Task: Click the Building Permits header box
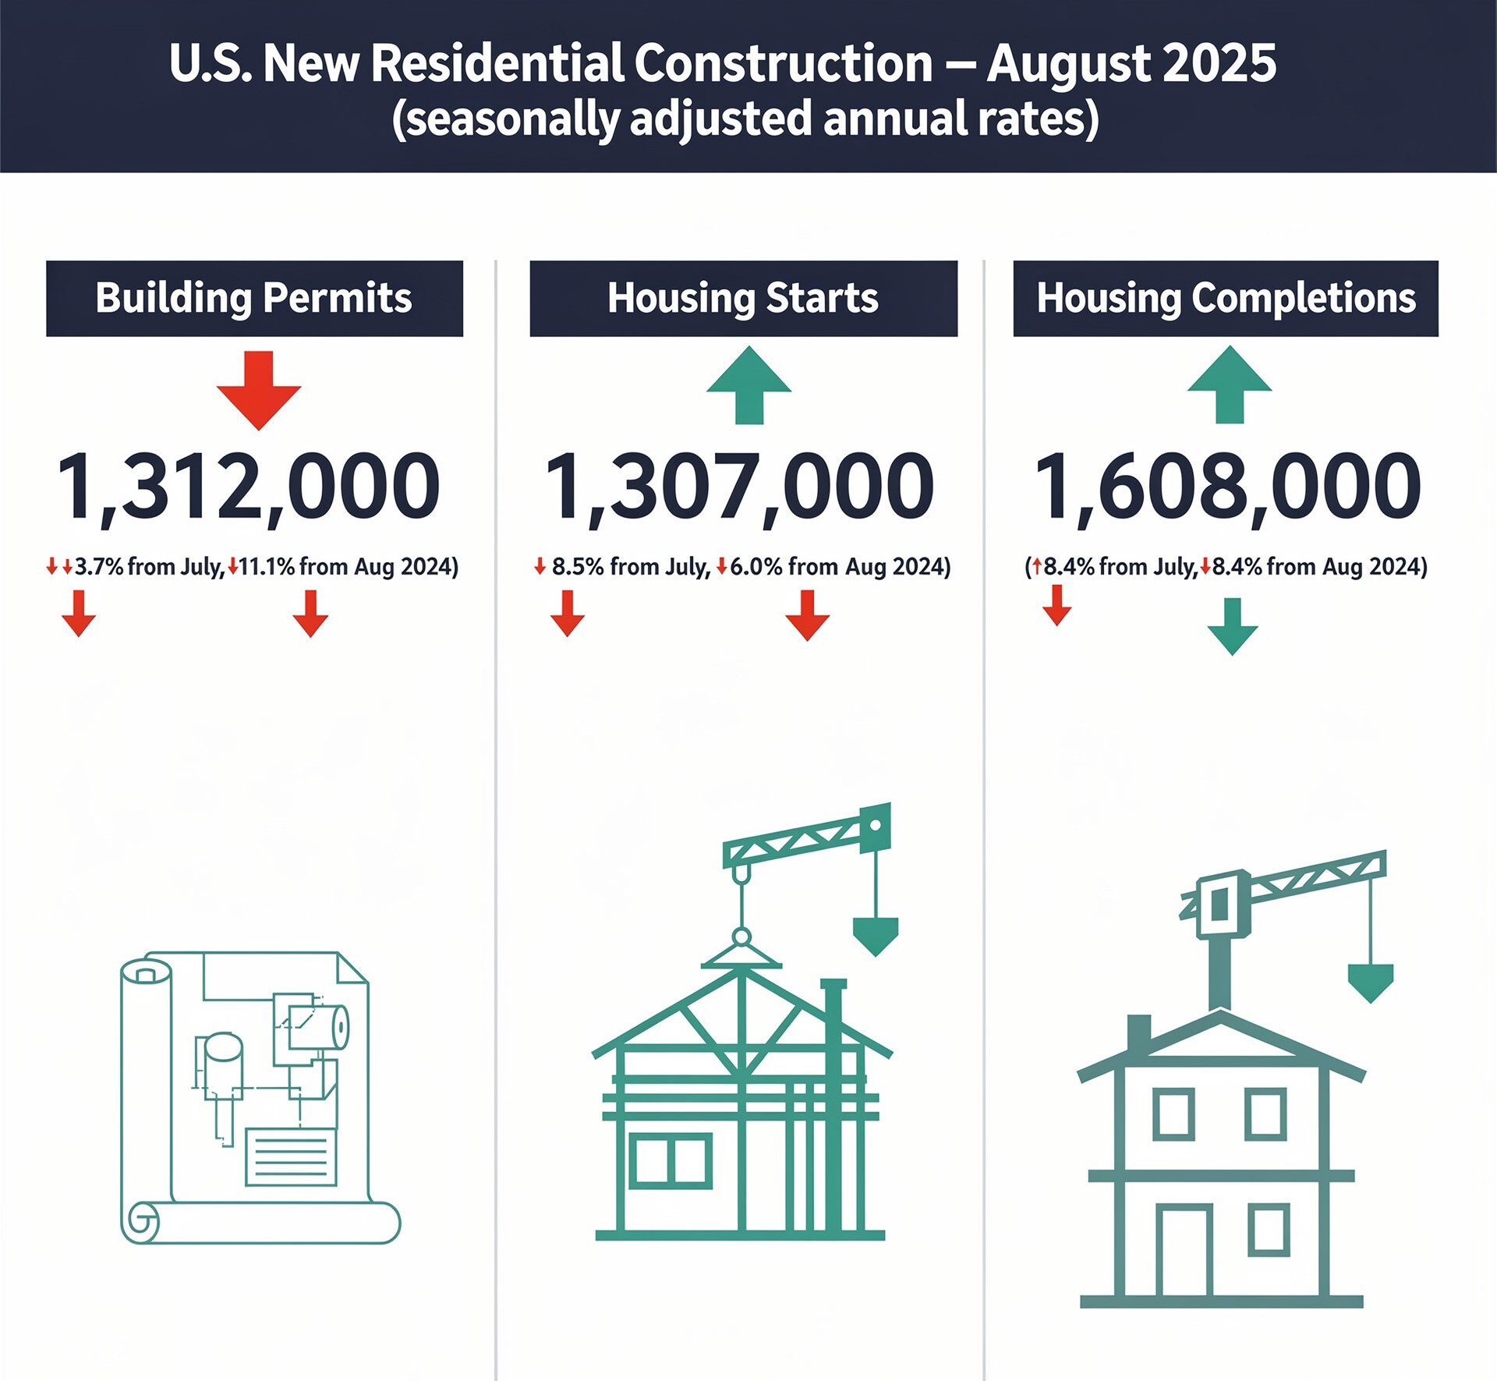[254, 299]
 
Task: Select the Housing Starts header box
[743, 299]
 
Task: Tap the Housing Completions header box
[1226, 299]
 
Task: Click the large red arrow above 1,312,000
[259, 390]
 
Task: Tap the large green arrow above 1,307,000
[748, 385]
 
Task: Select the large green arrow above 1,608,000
[1230, 385]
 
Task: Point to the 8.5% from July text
[631, 566]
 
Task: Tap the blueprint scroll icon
[260, 1098]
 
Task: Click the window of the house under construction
[671, 1160]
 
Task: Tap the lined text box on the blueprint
[292, 1157]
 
